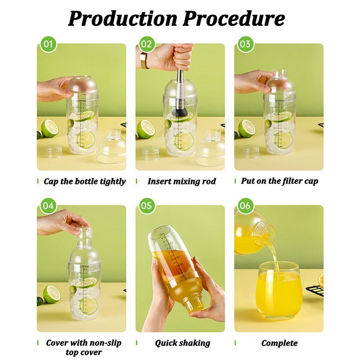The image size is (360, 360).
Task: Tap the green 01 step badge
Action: coord(48,44)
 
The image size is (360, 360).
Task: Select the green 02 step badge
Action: coord(146,44)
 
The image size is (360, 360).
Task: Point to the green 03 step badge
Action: coord(245,44)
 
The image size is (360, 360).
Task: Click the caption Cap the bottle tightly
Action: coord(85,182)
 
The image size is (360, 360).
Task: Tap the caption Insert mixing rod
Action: coord(181,182)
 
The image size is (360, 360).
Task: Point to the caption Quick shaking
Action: coord(182,343)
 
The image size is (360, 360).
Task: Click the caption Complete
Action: coord(279,343)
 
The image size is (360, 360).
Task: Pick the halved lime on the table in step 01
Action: coord(48,128)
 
